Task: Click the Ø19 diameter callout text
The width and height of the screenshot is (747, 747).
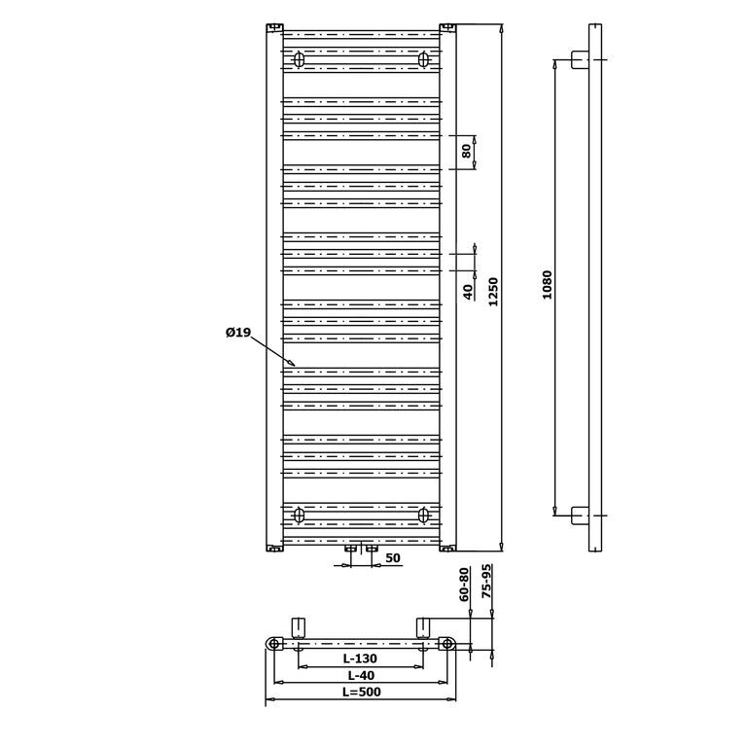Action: pyautogui.click(x=238, y=332)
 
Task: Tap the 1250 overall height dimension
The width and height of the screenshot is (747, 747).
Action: pyautogui.click(x=492, y=292)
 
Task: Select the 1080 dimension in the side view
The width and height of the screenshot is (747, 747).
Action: pyautogui.click(x=547, y=284)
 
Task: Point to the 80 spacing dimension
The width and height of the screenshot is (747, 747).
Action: pyautogui.click(x=467, y=151)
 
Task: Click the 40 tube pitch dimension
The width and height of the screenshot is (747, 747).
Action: pyautogui.click(x=468, y=292)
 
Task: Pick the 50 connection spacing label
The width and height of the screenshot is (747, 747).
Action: pyautogui.click(x=393, y=558)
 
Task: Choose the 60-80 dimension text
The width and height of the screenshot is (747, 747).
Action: pyautogui.click(x=465, y=584)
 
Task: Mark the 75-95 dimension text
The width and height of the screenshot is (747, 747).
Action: pyautogui.click(x=486, y=583)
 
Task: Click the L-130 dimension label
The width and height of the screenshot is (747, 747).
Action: pyautogui.click(x=360, y=658)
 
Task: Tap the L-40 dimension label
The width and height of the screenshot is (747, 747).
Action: pyautogui.click(x=361, y=675)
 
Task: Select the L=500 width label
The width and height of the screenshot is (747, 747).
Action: pyautogui.click(x=362, y=692)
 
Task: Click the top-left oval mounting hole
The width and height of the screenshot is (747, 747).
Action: pyautogui.click(x=299, y=59)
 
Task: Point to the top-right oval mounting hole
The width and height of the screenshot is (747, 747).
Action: pyautogui.click(x=423, y=59)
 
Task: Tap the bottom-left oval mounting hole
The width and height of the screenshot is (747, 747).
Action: pyautogui.click(x=299, y=515)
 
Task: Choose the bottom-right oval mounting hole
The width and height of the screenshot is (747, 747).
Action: pyautogui.click(x=423, y=515)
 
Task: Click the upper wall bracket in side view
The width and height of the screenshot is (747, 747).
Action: pyautogui.click(x=580, y=59)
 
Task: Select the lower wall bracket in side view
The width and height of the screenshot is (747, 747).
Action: pyautogui.click(x=580, y=516)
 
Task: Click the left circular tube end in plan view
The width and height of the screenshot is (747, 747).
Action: pyautogui.click(x=273, y=644)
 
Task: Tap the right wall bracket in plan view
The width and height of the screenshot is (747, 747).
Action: pyautogui.click(x=423, y=628)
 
